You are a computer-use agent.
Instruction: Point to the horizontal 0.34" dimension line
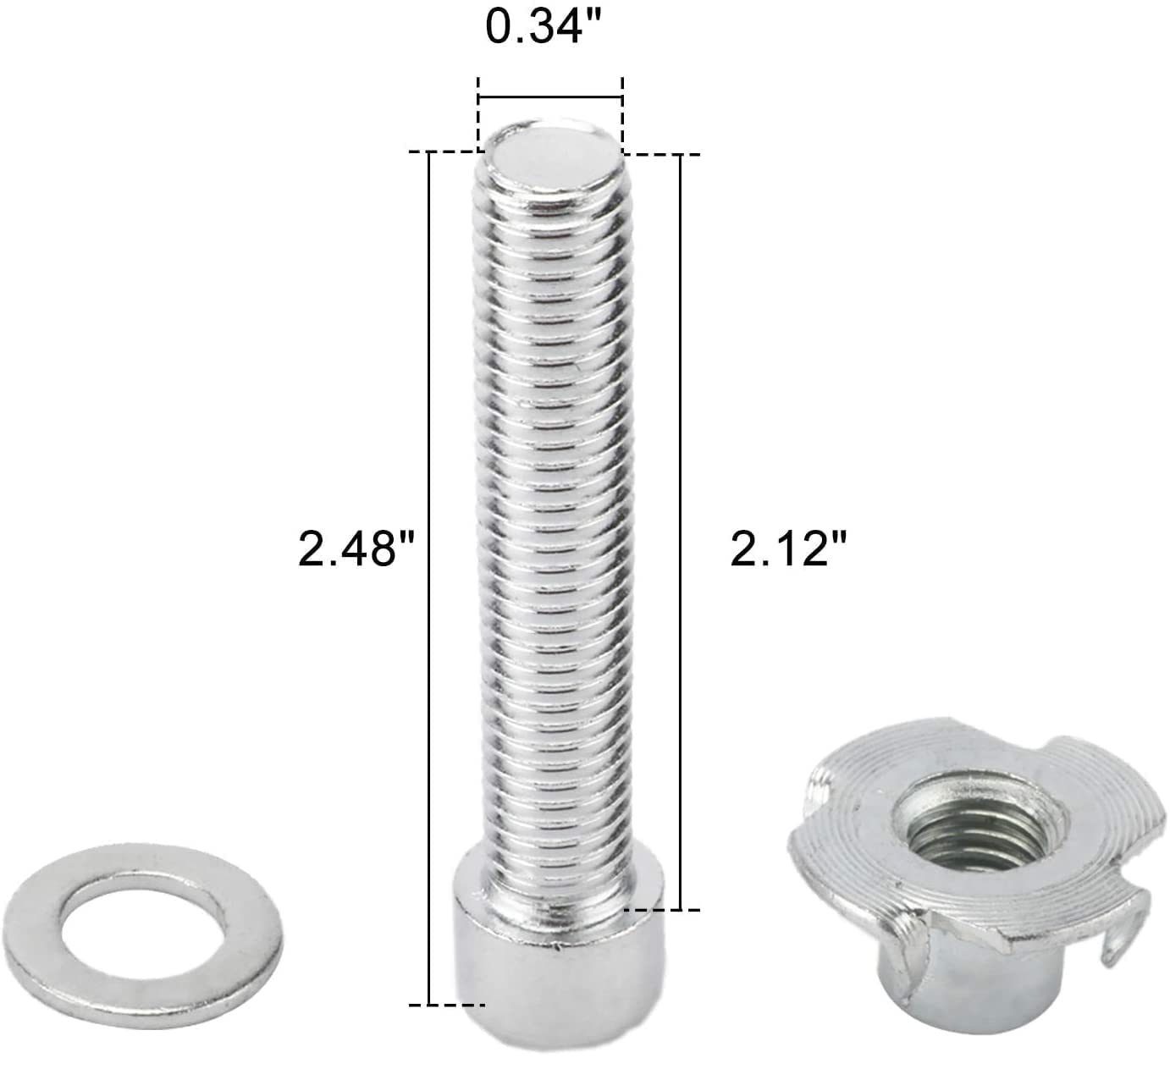(550, 96)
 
